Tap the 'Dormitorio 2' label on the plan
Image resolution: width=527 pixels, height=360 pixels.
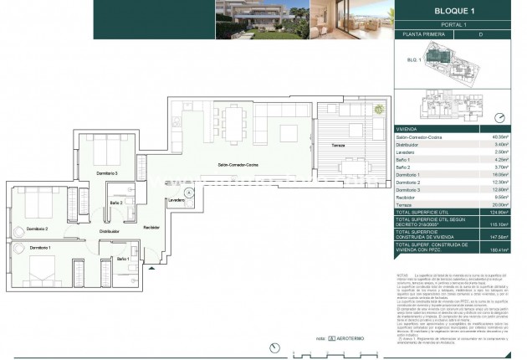pos(38,229)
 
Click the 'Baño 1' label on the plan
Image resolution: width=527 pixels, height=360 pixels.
pos(123,260)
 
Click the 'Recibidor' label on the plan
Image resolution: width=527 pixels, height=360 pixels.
pos(151,227)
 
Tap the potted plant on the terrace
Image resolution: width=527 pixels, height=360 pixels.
pos(379,109)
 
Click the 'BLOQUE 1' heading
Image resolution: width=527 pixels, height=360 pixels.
pos(450,10)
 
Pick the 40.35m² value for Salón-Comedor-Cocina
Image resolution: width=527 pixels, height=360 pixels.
pos(499,136)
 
